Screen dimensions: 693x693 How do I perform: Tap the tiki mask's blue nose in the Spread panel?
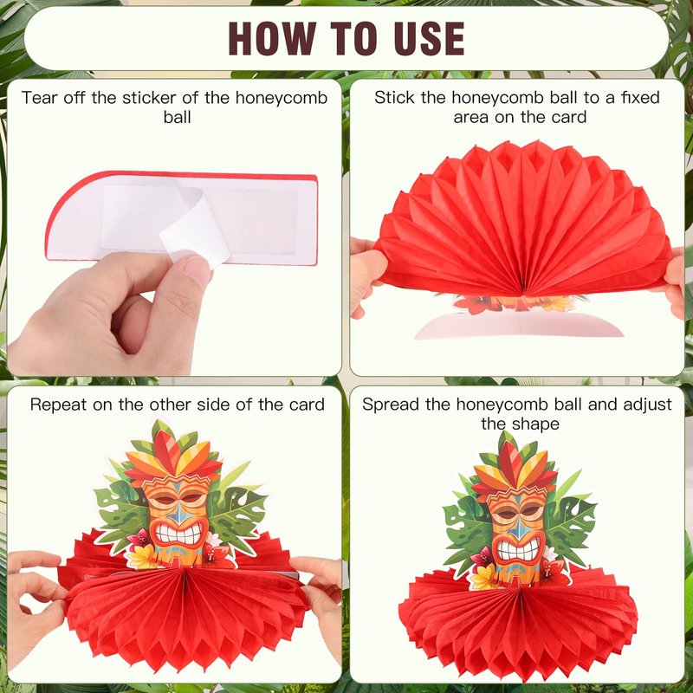tap(517, 526)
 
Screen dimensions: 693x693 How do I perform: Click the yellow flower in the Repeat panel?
tap(141, 557)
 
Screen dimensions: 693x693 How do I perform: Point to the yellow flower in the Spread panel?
tap(484, 577)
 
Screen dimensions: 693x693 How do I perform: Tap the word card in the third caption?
tap(308, 405)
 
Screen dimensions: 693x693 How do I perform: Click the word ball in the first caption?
tap(177, 118)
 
